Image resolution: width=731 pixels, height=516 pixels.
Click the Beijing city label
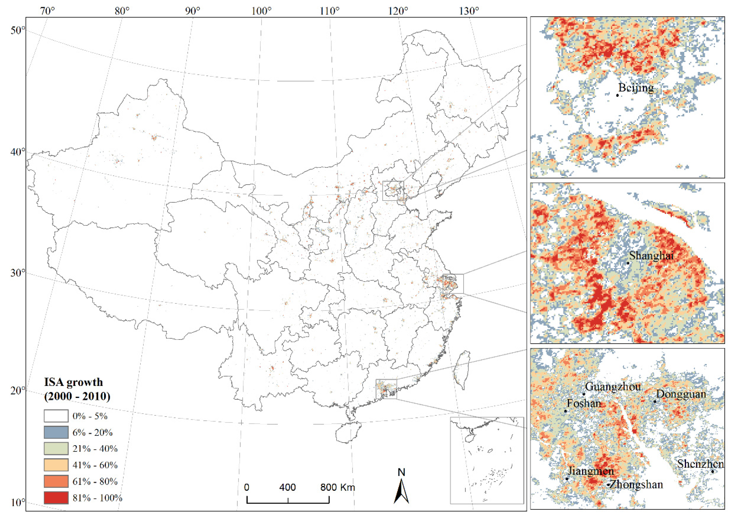pyautogui.click(x=636, y=88)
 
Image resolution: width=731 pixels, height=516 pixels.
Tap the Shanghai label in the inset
pyautogui.click(x=651, y=255)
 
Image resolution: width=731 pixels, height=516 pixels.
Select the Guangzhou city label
pyautogui.click(x=613, y=387)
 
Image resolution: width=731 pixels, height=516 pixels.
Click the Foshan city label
pyautogui.click(x=584, y=404)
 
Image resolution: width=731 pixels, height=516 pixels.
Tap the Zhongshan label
pyautogui.click(x=636, y=484)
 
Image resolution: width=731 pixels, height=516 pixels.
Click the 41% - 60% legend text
pyautogui.click(x=95, y=465)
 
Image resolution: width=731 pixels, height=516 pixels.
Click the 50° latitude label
pyautogui.click(x=17, y=31)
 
